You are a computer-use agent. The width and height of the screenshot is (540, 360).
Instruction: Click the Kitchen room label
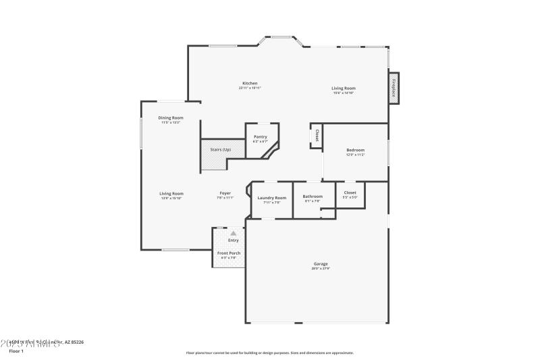pos(250,83)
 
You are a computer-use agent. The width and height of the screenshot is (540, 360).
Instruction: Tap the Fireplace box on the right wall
pos(393,88)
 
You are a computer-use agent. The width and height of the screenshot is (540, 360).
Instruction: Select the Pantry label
pos(260,136)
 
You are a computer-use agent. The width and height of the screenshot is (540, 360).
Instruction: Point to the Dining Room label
pos(171,118)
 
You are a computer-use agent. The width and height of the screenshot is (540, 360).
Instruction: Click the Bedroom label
pos(356,150)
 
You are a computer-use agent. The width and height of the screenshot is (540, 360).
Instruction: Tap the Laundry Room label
pos(271,197)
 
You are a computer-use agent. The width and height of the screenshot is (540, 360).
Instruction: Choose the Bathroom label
pos(313,197)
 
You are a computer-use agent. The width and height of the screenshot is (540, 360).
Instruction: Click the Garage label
pos(321,263)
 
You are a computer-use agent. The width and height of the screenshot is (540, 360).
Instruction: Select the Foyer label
pos(225,193)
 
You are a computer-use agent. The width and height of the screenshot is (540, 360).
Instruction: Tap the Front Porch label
pos(228,253)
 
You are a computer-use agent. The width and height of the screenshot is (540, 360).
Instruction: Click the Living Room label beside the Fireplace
pos(344,88)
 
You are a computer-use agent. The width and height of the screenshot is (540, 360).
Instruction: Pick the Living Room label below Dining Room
pos(171,193)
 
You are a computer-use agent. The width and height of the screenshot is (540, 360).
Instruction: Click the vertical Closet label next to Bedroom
pos(316,135)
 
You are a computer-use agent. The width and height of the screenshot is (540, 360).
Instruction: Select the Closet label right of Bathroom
pos(350,192)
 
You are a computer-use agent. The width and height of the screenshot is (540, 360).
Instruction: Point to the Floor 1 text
pos(16,351)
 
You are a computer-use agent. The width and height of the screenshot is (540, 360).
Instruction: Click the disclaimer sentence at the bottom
pos(269,353)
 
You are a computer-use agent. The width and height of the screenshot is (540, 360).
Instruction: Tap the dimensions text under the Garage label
pos(321,268)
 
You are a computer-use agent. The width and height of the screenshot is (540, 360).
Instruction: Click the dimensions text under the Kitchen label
pos(250,88)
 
